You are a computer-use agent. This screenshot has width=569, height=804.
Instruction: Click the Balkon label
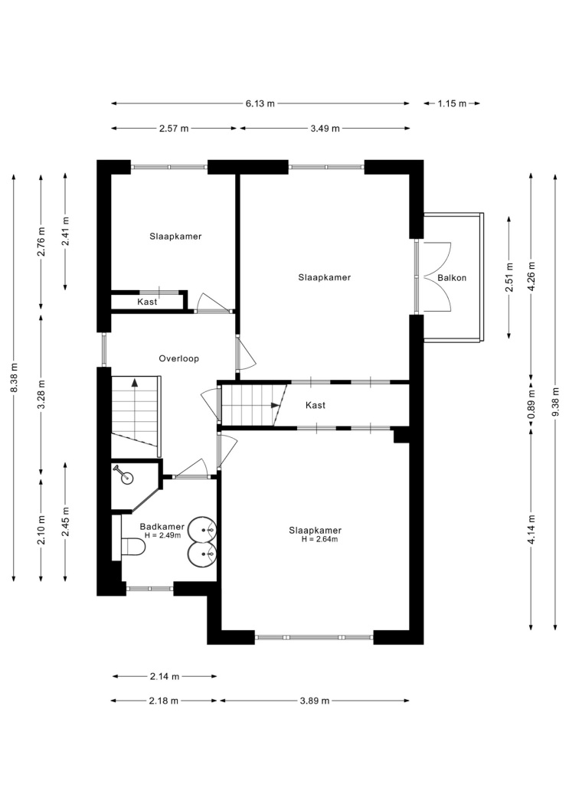click(452, 278)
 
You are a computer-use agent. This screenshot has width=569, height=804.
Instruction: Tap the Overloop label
click(178, 358)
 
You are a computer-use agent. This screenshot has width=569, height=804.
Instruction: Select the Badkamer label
click(162, 527)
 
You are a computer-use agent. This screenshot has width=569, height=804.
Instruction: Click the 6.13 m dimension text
click(260, 103)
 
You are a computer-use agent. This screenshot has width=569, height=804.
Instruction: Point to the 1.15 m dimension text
click(452, 103)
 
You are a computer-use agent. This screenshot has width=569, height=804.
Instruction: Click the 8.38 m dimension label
click(14, 377)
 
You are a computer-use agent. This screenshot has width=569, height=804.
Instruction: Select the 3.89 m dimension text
click(314, 701)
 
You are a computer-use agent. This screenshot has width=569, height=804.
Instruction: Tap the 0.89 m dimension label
click(531, 405)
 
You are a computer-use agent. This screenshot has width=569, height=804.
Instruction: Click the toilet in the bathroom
click(133, 547)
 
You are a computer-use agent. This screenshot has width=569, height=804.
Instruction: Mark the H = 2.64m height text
click(319, 539)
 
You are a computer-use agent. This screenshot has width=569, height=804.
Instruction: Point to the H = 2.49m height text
click(162, 535)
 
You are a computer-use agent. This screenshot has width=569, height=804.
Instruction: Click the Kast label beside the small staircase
click(316, 405)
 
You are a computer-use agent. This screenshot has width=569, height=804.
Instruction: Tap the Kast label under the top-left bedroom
click(147, 302)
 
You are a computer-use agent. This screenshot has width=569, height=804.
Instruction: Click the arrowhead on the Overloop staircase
click(135, 382)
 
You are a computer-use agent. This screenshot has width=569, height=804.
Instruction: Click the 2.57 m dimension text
click(174, 128)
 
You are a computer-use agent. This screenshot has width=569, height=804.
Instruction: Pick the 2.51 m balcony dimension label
click(509, 277)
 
